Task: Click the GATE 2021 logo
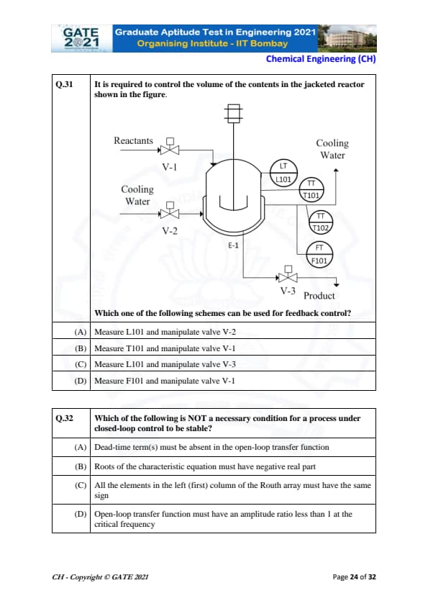pos(81,38)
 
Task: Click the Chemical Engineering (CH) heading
pos(321,59)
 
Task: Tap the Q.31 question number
pos(64,84)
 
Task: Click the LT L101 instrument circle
pos(283,173)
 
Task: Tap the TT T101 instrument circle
pos(311,190)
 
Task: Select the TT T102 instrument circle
pos(321,222)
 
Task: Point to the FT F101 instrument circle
pos(319,255)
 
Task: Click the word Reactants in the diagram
pos(133,140)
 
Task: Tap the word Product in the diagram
pos(319,296)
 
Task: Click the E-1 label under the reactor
pos(233,245)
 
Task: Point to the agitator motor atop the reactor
pos(234,113)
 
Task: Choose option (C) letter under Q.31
pos(81,364)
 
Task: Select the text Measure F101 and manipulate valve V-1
pos(165,381)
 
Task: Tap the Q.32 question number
pos(64,418)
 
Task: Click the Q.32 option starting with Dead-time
pos(211,447)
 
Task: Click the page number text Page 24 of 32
pos(354,577)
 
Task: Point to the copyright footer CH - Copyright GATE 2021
pos(100,577)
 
